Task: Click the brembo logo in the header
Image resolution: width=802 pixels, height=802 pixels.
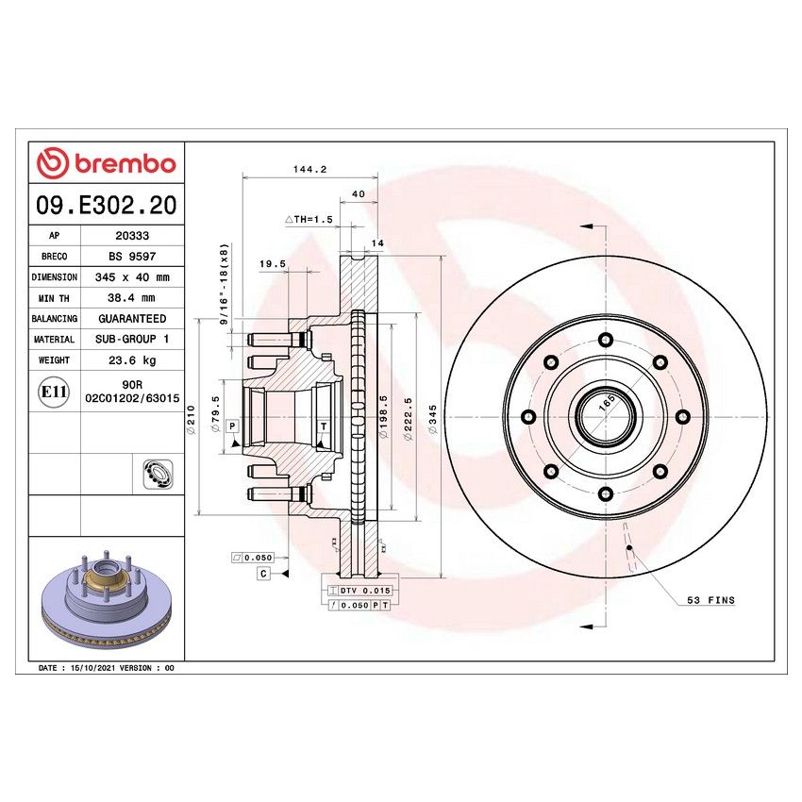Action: coord(107,163)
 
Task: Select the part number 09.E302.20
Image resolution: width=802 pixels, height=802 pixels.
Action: coord(107,204)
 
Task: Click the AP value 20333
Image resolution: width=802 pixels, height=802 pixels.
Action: coord(131,236)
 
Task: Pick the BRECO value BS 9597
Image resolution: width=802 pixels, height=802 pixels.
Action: coord(131,257)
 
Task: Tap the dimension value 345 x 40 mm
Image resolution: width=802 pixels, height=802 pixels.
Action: coord(131,277)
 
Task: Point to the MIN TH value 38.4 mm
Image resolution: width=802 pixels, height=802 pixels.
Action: coord(131,298)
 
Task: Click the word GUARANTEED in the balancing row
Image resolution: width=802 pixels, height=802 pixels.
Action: coord(131,319)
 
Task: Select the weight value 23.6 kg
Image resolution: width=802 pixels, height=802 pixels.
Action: coord(131,360)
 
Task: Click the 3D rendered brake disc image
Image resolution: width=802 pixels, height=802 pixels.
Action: coord(107,600)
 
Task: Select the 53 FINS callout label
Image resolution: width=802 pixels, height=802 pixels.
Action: coord(711,600)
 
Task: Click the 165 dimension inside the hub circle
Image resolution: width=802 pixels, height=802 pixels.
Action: coord(607,401)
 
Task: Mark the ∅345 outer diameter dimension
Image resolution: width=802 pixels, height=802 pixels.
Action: coord(431,418)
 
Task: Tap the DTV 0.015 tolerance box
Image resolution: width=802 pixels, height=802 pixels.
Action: coord(363,590)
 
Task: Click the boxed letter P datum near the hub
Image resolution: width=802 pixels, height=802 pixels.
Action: coord(232,427)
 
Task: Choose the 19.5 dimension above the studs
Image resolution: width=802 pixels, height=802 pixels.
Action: coord(272,264)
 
